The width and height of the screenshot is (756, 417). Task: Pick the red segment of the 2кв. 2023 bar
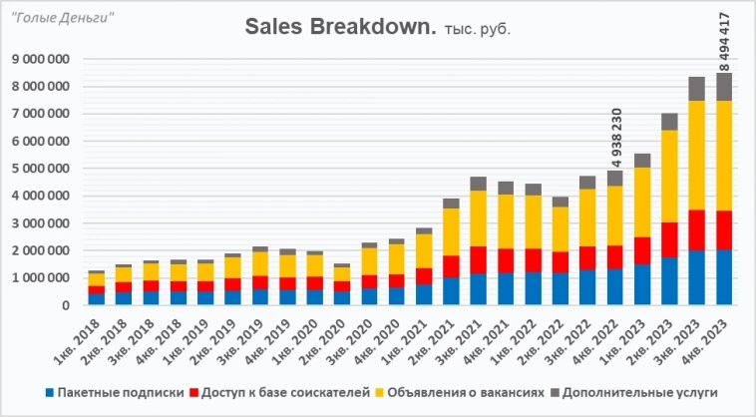pos(669,239)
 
